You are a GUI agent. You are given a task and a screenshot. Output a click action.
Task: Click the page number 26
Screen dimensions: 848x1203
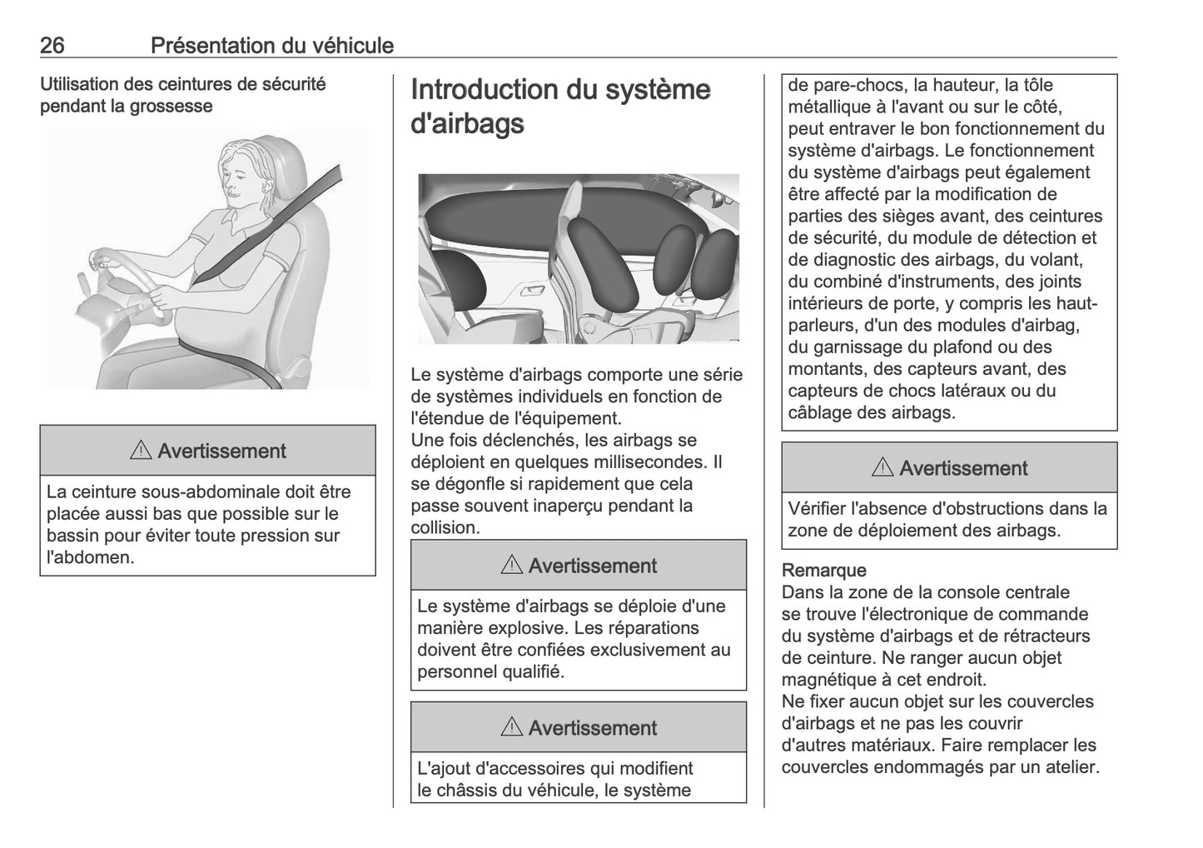(52, 45)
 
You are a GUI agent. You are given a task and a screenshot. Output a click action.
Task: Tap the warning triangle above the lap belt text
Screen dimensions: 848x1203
(141, 451)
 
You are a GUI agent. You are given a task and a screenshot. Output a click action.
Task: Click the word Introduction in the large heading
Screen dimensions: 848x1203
(484, 89)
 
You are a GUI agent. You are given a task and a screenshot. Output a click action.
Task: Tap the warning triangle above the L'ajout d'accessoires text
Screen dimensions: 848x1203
(512, 727)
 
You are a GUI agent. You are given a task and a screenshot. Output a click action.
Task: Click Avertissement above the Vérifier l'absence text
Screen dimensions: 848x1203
(963, 468)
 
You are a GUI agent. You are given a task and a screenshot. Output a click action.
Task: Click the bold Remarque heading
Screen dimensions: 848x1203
(823, 571)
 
